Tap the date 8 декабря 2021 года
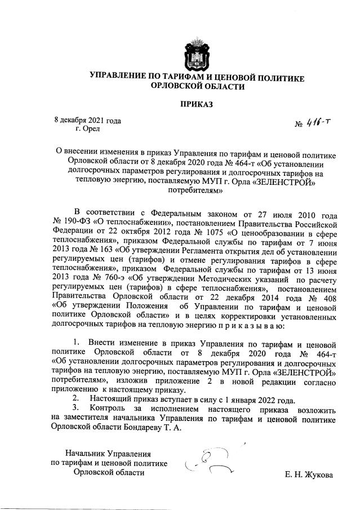pos(87,120)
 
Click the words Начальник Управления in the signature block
pos(109,453)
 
